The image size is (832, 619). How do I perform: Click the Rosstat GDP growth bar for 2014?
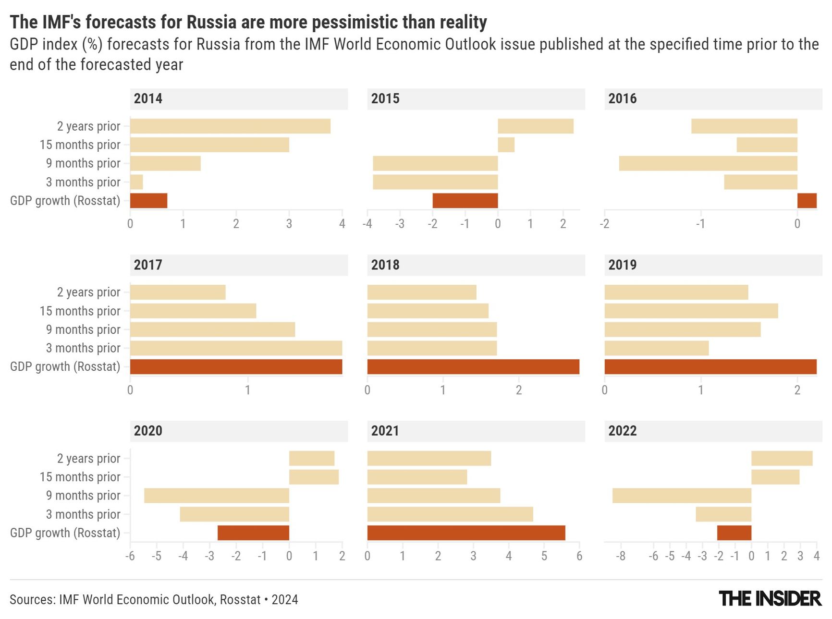pyautogui.click(x=148, y=201)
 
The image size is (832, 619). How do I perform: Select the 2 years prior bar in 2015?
pyautogui.click(x=535, y=126)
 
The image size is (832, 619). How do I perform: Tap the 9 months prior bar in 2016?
pyautogui.click(x=708, y=163)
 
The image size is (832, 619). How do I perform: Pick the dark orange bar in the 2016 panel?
pyautogui.click(x=807, y=201)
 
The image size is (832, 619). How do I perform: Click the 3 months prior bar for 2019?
pyautogui.click(x=656, y=348)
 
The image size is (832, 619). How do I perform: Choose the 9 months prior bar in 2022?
pyautogui.click(x=682, y=496)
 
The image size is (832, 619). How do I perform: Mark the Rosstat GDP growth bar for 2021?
pyautogui.click(x=466, y=533)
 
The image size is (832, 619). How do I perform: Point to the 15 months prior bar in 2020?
pyautogui.click(x=314, y=477)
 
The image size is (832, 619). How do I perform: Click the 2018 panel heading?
pyautogui.click(x=385, y=265)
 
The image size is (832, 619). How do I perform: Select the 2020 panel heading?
pyautogui.click(x=148, y=431)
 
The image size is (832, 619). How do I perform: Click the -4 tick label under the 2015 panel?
pyautogui.click(x=367, y=224)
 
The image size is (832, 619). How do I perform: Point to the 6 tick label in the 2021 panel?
pyautogui.click(x=579, y=556)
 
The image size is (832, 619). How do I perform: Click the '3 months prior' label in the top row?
pyautogui.click(x=83, y=182)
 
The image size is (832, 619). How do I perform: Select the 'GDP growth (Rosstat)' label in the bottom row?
pyautogui.click(x=65, y=533)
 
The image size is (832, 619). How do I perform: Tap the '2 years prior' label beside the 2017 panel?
pyautogui.click(x=88, y=292)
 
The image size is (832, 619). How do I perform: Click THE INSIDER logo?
pyautogui.click(x=770, y=599)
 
